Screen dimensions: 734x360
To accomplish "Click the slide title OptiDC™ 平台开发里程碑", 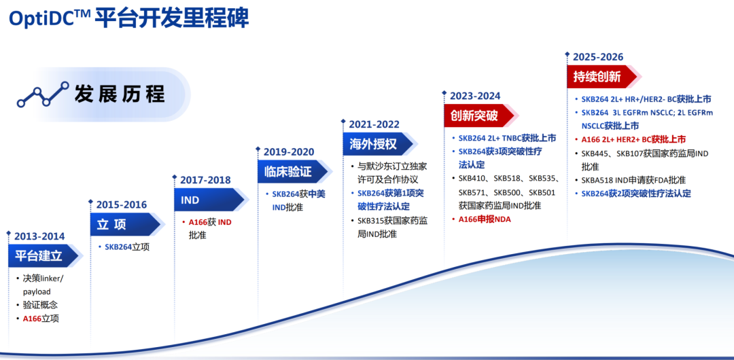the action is point(128,19).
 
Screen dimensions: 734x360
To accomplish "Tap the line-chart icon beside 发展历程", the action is point(43,94).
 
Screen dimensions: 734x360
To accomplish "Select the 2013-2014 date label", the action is point(39,236).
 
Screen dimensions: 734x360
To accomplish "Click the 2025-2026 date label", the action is point(598,57).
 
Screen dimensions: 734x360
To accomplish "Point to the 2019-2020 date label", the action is point(289,152).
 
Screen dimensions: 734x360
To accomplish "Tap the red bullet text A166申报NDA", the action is point(485,219).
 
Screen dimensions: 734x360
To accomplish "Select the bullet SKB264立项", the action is point(127,247).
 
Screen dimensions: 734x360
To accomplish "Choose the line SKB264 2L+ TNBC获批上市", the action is point(508,138).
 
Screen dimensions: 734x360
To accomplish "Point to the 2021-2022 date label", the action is point(374,124).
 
